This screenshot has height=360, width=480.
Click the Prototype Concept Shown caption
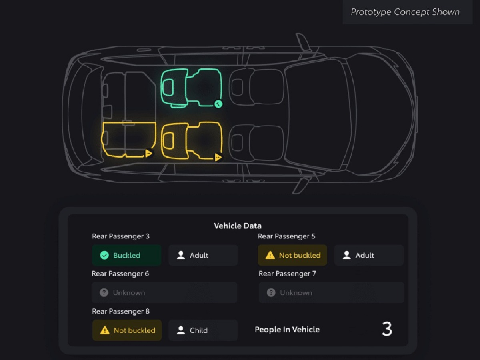[405, 12]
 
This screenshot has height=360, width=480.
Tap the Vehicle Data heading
[238, 226]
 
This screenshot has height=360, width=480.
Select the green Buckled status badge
[127, 255]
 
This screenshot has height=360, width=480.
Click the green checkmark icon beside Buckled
[104, 255]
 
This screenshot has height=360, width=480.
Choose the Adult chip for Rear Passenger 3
[203, 255]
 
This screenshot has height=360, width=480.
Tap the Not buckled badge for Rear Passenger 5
[292, 255]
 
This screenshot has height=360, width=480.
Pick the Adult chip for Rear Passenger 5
[369, 255]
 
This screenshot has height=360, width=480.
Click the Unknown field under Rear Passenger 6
[164, 292]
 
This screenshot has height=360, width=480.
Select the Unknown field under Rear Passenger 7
[331, 292]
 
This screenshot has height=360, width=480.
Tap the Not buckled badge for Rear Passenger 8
[127, 330]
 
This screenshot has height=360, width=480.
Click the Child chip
[203, 330]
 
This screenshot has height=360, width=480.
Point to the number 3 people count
[387, 329]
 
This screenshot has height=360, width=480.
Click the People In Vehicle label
[287, 329]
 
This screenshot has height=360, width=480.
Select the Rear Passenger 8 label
[121, 311]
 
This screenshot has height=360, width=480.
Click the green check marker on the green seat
[218, 104]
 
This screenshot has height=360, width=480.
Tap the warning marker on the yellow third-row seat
[149, 153]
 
